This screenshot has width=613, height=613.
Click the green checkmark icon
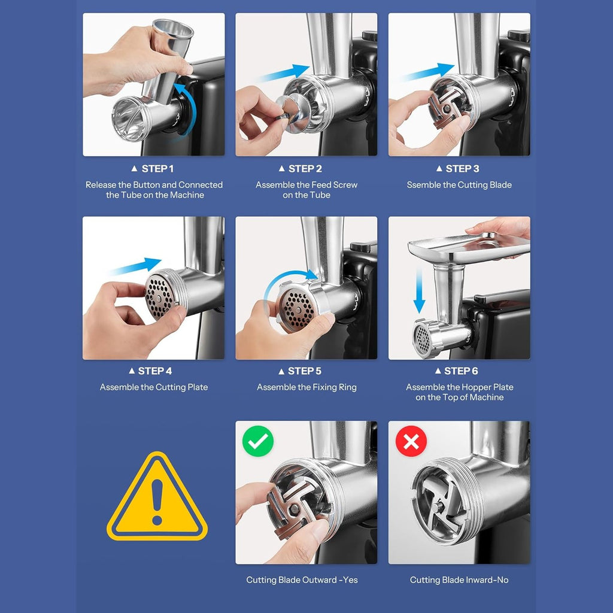click(x=257, y=441)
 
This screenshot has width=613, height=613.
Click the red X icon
click(x=411, y=441)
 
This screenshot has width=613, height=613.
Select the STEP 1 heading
click(x=153, y=168)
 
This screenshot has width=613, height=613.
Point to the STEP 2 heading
click(x=301, y=168)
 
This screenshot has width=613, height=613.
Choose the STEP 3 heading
click(x=458, y=168)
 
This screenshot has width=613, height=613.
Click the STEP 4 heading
click(x=150, y=371)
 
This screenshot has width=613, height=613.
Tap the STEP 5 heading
click(x=300, y=371)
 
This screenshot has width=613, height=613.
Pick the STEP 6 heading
click(x=457, y=371)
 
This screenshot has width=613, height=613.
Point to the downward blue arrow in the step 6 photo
click(x=420, y=290)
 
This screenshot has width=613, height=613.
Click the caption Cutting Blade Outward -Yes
click(x=302, y=579)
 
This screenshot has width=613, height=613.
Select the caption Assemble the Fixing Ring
click(x=306, y=387)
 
